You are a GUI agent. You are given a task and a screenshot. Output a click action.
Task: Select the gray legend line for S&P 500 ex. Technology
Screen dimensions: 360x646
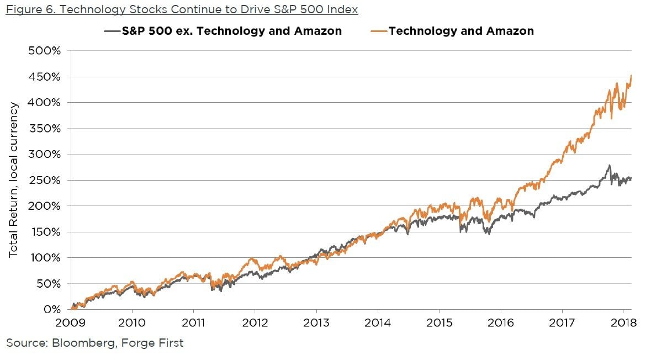tap(112, 31)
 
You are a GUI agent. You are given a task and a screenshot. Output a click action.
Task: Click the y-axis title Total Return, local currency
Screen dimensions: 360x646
tap(13, 179)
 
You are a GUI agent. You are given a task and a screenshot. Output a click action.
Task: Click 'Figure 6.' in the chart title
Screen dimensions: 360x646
tap(28, 9)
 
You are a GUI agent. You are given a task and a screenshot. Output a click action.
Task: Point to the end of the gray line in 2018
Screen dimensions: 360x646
tap(631, 178)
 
